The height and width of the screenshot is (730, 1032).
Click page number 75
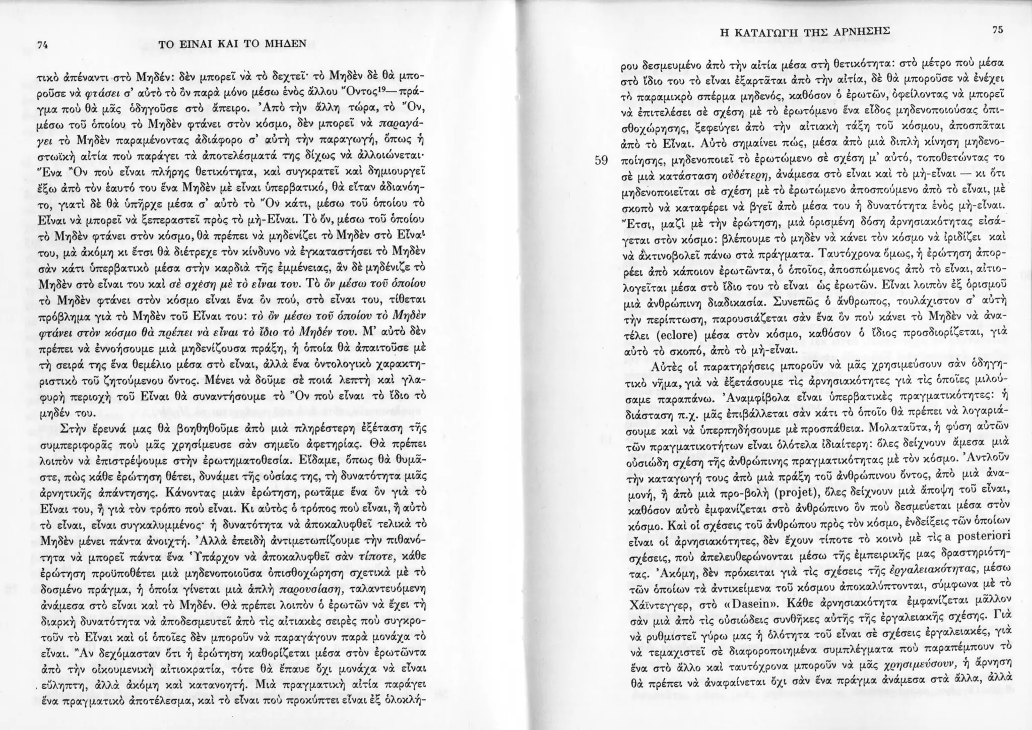(x=997, y=30)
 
